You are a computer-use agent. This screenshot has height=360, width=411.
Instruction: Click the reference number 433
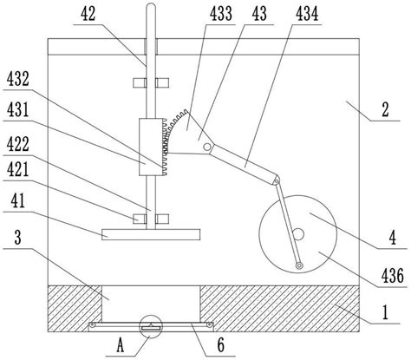tap(221, 14)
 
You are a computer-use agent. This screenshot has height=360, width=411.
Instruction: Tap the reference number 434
tap(307, 14)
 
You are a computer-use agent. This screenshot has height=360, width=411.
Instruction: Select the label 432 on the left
tap(18, 79)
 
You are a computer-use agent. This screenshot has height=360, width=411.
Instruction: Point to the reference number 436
tap(392, 275)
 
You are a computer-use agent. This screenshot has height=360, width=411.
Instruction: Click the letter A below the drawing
tap(121, 345)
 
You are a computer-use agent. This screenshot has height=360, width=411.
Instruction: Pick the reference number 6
tap(221, 345)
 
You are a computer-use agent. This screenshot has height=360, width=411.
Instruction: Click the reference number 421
tap(18, 169)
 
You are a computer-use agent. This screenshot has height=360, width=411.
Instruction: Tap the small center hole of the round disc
tap(298, 234)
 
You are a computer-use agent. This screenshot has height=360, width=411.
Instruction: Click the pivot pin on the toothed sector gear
tap(207, 147)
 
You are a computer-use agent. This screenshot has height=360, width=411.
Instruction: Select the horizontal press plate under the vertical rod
tap(151, 234)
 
